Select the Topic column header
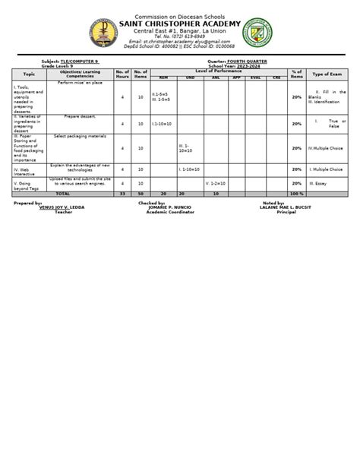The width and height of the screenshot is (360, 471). point(29,74)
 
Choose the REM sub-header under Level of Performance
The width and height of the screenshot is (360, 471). point(163,77)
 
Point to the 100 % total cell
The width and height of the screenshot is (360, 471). point(295,194)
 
